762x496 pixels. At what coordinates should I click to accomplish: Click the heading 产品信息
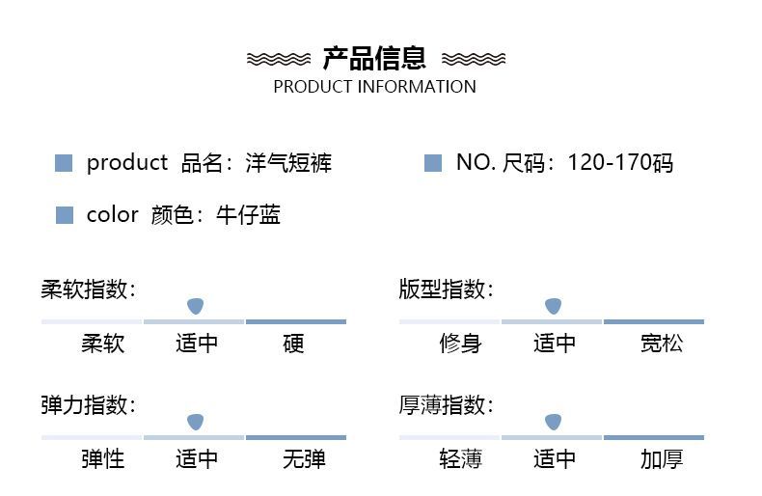tap(374, 58)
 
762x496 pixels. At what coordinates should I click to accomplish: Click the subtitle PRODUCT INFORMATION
tap(374, 87)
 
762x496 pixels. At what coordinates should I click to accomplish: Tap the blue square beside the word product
tap(64, 163)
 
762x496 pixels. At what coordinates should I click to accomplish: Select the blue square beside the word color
tap(65, 215)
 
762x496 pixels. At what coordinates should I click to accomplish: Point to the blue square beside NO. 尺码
tap(433, 163)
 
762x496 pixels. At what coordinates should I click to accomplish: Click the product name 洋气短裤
tap(288, 163)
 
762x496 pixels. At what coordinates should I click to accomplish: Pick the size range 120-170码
tap(620, 163)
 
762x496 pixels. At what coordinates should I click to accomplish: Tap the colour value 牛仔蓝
tap(248, 215)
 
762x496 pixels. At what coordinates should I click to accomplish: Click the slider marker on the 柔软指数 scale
tap(196, 306)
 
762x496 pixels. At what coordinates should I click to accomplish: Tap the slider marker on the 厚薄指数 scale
tap(553, 422)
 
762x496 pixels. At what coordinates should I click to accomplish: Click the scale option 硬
tap(293, 344)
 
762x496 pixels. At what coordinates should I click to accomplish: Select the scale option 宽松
tap(662, 344)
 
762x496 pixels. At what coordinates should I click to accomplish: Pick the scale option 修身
tap(461, 344)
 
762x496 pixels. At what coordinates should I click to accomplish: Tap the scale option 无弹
tap(304, 459)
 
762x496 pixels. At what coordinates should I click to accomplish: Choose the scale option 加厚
tap(662, 459)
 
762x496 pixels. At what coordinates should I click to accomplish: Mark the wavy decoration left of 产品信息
tap(279, 59)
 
